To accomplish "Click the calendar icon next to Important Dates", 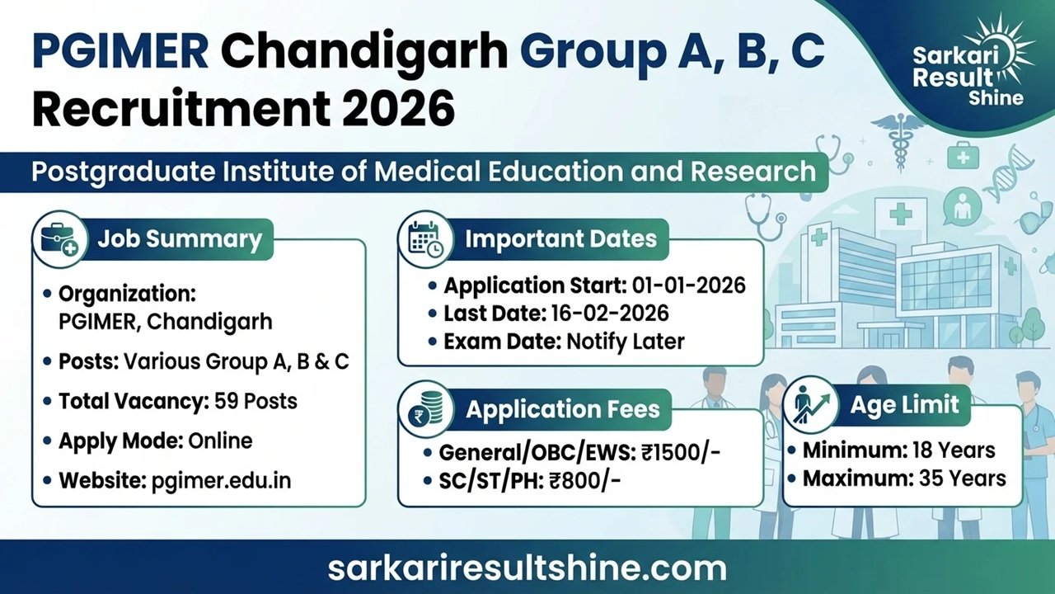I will (425, 238).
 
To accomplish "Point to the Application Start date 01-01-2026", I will (689, 285).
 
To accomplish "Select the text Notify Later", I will (626, 341).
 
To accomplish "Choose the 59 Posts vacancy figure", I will (256, 402).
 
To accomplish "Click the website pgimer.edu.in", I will (222, 480).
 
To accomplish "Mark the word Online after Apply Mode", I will (220, 441).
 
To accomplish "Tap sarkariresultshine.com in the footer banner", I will (527, 568).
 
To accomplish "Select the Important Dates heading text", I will (561, 239).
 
